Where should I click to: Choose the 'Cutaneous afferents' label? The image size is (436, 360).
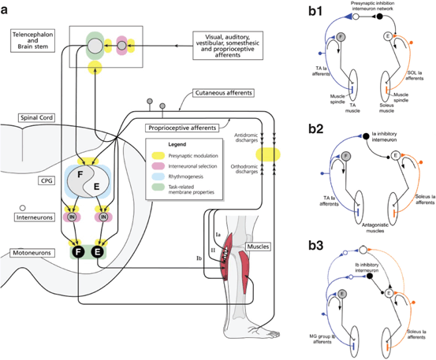pyautogui.click(x=212, y=92)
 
